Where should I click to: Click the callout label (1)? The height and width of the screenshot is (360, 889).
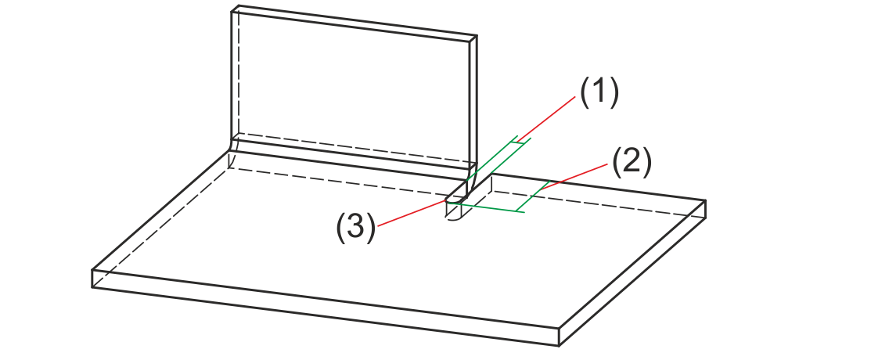coord(599,92)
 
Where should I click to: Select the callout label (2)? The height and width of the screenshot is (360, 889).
coord(632,163)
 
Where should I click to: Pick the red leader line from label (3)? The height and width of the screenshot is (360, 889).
coord(411,213)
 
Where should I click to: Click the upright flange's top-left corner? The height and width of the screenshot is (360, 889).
coord(232,8)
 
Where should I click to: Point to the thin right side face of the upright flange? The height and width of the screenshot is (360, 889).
coord(472,102)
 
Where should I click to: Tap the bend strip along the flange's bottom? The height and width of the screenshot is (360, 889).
coord(352,151)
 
